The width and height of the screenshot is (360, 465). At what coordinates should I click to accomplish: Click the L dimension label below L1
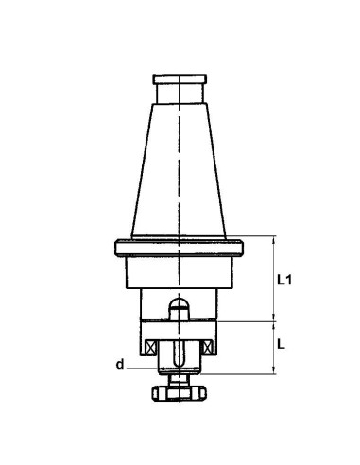[283, 346]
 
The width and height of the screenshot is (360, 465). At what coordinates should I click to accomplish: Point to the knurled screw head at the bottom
[178, 391]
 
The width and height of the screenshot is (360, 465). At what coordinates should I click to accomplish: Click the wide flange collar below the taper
[178, 249]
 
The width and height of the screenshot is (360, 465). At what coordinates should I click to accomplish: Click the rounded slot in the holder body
[178, 308]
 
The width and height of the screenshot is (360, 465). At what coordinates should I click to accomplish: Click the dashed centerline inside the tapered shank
[178, 170]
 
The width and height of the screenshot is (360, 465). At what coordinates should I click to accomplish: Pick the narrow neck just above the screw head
[178, 377]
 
